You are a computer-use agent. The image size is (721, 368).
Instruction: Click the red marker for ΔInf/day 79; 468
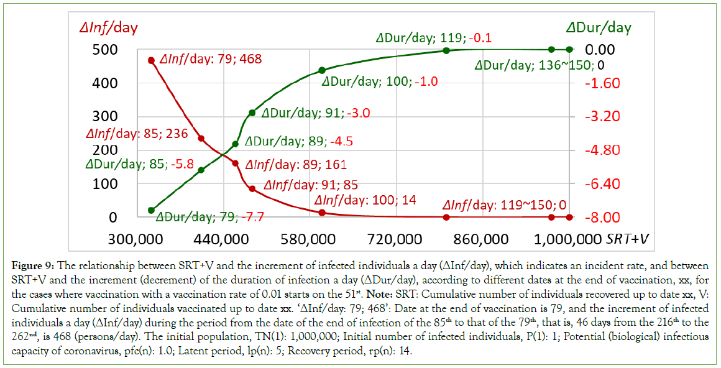(x=151, y=60)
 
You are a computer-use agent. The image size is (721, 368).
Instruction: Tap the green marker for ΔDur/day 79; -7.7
(x=151, y=210)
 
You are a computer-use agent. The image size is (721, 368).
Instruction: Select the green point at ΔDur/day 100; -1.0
(x=322, y=70)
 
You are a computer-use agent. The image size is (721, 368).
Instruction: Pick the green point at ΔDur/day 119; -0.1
(x=446, y=50)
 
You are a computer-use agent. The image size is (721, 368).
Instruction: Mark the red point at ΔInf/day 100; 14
(x=322, y=213)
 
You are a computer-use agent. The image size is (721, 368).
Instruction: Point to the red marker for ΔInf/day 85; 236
(x=201, y=138)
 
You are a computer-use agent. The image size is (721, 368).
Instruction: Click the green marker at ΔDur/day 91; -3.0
(x=252, y=113)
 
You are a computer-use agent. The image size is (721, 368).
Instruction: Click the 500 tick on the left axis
(x=91, y=50)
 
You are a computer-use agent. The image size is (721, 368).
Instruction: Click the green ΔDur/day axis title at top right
(x=599, y=27)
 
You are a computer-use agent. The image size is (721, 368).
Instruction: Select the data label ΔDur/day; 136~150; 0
(x=540, y=65)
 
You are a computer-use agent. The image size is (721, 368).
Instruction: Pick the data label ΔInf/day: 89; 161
(x=296, y=165)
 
